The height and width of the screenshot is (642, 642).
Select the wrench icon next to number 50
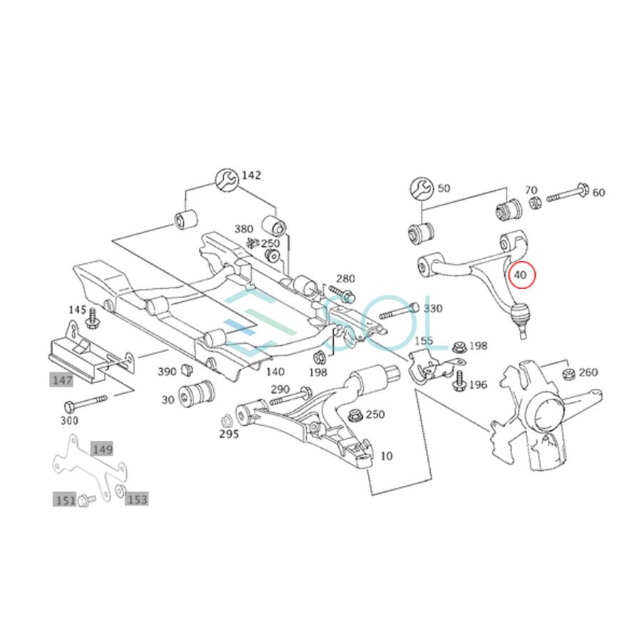click(x=422, y=188)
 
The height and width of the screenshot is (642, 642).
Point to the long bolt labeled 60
click(x=568, y=194)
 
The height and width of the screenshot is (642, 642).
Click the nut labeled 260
click(x=569, y=373)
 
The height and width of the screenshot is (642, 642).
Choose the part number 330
click(x=432, y=309)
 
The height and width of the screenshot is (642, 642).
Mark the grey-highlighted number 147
click(x=61, y=381)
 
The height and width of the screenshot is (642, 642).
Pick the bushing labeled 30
click(x=196, y=393)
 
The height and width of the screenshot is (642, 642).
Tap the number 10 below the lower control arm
click(x=386, y=455)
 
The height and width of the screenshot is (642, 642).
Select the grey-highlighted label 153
click(x=137, y=499)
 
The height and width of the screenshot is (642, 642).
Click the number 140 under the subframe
click(x=274, y=371)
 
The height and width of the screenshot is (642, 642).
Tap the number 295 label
click(x=228, y=433)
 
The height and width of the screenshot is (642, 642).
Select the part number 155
click(x=424, y=342)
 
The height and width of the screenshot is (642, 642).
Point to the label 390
click(x=166, y=372)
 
